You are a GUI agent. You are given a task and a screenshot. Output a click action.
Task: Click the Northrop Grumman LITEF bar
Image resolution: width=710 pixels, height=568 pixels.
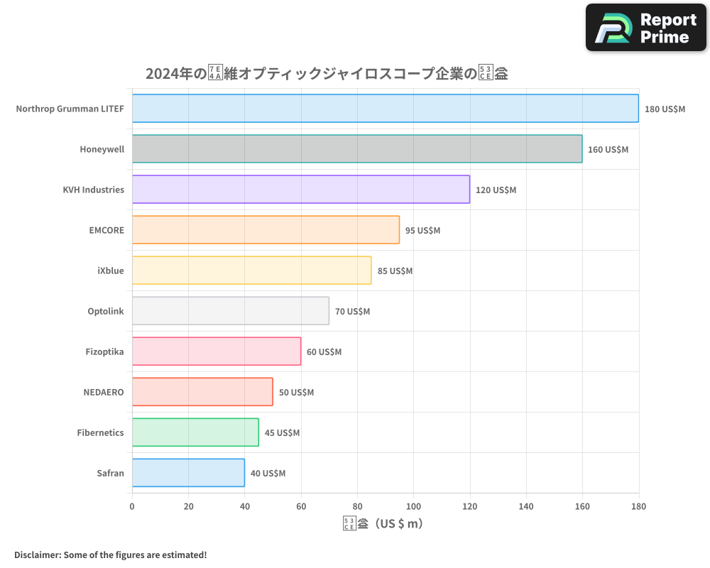point(385,109)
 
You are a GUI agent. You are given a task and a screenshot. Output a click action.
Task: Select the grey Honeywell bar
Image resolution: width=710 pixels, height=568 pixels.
point(356,149)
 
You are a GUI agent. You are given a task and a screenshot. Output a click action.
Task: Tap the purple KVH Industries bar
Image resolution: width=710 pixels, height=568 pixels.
point(300,190)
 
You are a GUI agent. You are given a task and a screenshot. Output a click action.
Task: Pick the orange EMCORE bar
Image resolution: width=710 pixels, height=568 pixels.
point(266,230)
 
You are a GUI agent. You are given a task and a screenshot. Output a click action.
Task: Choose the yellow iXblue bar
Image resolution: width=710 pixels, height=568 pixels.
point(251,271)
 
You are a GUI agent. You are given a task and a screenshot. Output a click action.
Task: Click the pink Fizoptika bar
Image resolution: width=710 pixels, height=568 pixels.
point(216,351)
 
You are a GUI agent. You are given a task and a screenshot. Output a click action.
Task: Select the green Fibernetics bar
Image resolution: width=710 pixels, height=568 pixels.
point(195,432)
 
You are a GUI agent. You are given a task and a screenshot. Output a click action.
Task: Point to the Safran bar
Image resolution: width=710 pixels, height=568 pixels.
point(188,473)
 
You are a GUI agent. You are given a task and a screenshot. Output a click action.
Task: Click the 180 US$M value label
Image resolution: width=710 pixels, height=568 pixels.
point(665,109)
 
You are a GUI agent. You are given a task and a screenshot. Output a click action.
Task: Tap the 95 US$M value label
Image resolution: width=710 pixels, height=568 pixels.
point(422,231)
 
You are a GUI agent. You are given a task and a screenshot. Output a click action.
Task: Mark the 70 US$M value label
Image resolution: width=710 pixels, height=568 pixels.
point(352,312)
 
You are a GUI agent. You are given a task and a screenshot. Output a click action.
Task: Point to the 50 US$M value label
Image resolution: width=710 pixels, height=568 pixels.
point(296,393)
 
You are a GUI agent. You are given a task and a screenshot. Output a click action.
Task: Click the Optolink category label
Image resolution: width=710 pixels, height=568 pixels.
point(105,311)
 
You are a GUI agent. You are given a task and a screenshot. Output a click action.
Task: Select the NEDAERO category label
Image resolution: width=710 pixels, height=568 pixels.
point(104,392)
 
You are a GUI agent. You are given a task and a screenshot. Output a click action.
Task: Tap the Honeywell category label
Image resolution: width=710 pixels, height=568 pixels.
point(102,149)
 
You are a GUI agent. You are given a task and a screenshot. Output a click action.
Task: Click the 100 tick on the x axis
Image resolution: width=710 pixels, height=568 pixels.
point(413,506)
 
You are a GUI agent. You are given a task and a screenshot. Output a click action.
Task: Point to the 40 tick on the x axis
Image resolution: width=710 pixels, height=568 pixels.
point(244,506)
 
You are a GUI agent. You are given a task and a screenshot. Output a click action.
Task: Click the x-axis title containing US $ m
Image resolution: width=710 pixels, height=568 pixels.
point(383,524)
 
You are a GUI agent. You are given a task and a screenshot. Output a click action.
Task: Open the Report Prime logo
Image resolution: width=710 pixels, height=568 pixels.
point(646,28)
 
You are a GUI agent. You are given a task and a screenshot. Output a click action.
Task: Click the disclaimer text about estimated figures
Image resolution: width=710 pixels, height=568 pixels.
point(110,555)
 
